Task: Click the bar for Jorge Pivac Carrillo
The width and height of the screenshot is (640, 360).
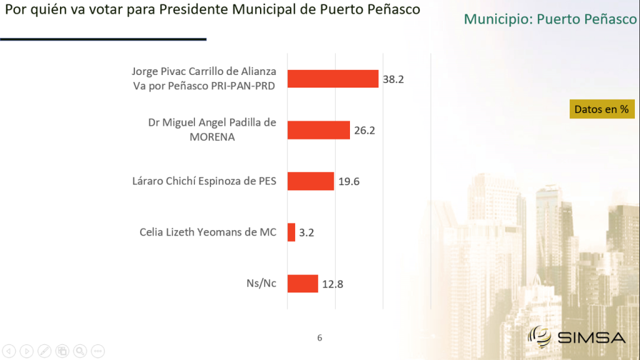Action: tap(332, 79)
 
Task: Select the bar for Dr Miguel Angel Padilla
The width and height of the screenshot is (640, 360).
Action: tap(318, 130)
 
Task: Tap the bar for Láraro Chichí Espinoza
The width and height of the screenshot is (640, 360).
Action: tap(311, 181)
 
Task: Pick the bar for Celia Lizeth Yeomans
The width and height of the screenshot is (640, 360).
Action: tap(291, 232)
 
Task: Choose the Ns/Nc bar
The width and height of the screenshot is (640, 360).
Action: tap(302, 284)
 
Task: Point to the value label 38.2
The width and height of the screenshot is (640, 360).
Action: tap(393, 79)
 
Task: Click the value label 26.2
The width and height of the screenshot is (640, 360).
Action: tap(364, 130)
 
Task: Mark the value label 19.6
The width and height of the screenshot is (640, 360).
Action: tap(349, 181)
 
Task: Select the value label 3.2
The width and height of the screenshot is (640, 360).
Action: tap(306, 232)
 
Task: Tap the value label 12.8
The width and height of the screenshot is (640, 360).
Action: tap(332, 284)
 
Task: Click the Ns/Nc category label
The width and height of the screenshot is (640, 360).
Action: tap(261, 283)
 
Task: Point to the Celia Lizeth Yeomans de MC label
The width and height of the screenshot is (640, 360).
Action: tap(207, 232)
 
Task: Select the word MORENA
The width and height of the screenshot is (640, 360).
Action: tap(212, 137)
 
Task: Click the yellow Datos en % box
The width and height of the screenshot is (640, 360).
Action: tap(602, 109)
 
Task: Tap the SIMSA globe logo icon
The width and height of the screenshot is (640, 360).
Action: tap(539, 337)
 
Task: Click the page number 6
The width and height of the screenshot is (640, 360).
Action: tap(319, 338)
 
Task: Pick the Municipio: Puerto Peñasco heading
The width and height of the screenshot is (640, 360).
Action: tap(550, 19)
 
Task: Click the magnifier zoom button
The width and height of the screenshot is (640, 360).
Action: tap(80, 351)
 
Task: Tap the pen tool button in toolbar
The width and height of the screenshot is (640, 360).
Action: tap(44, 351)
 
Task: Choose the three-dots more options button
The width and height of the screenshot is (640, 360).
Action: tap(98, 351)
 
